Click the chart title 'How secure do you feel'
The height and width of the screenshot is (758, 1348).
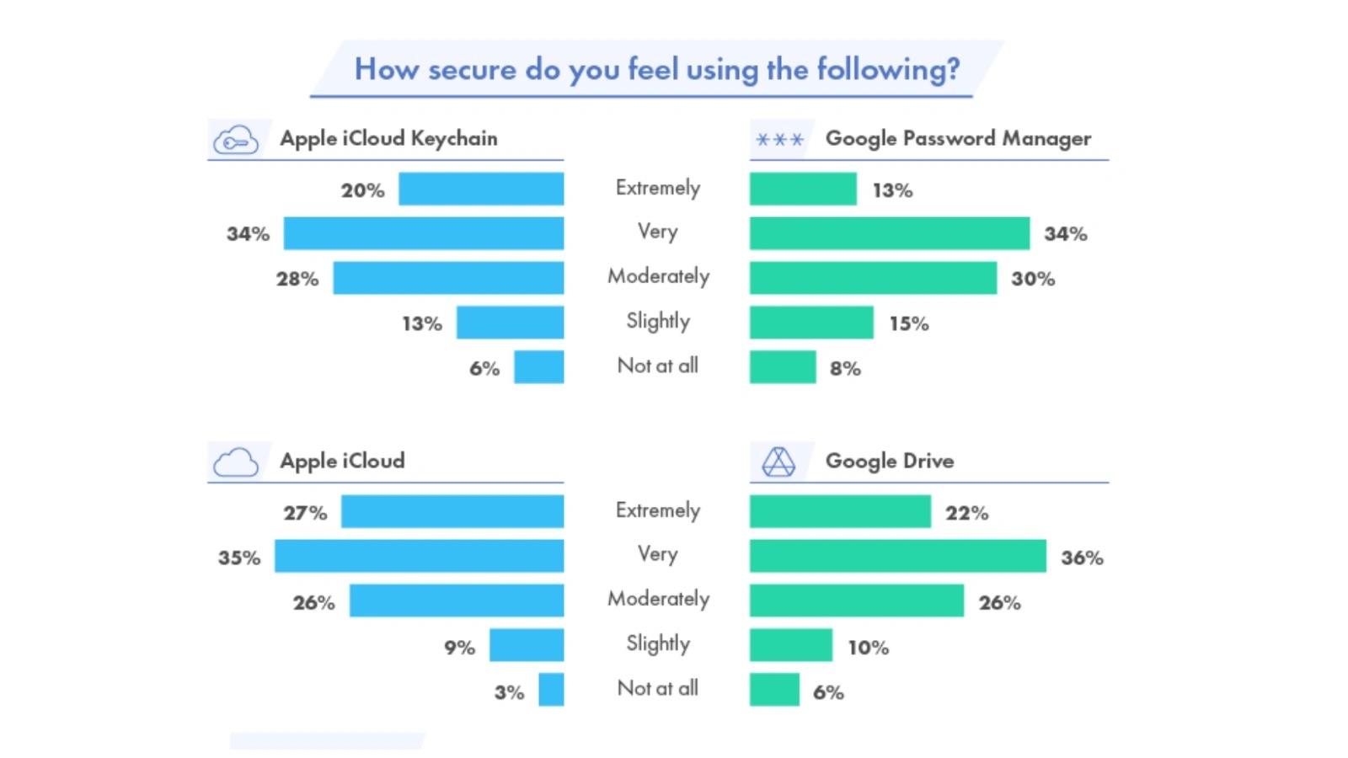[x=656, y=69]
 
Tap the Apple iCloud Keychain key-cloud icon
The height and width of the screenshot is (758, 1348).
[x=235, y=140]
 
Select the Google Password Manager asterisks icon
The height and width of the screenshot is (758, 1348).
[x=779, y=140]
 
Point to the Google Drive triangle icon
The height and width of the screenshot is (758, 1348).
[x=778, y=462]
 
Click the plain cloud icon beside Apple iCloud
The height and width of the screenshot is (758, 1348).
[x=235, y=462]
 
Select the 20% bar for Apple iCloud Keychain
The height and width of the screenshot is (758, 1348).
[x=481, y=189]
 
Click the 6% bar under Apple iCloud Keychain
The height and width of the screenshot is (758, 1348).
[x=539, y=367]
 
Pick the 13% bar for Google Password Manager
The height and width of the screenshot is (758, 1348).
[x=803, y=189]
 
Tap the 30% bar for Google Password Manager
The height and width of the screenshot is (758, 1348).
[x=873, y=278]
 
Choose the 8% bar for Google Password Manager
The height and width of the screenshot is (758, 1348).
[x=783, y=367]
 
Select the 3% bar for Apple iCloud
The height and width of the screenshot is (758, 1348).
[x=551, y=690]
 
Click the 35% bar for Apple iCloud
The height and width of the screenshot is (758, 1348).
[x=419, y=556]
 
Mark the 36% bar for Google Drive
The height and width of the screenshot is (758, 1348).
[x=898, y=556]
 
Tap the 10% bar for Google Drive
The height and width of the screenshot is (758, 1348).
[x=791, y=645]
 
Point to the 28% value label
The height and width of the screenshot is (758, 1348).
[x=297, y=279]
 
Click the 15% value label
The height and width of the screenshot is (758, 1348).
[x=909, y=323]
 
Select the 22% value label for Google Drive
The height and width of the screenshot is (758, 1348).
[x=966, y=513]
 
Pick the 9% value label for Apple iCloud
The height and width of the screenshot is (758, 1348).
[x=460, y=648]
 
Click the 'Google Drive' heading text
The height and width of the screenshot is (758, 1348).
[x=890, y=461]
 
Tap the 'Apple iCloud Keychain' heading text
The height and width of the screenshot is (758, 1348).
[x=388, y=138]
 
